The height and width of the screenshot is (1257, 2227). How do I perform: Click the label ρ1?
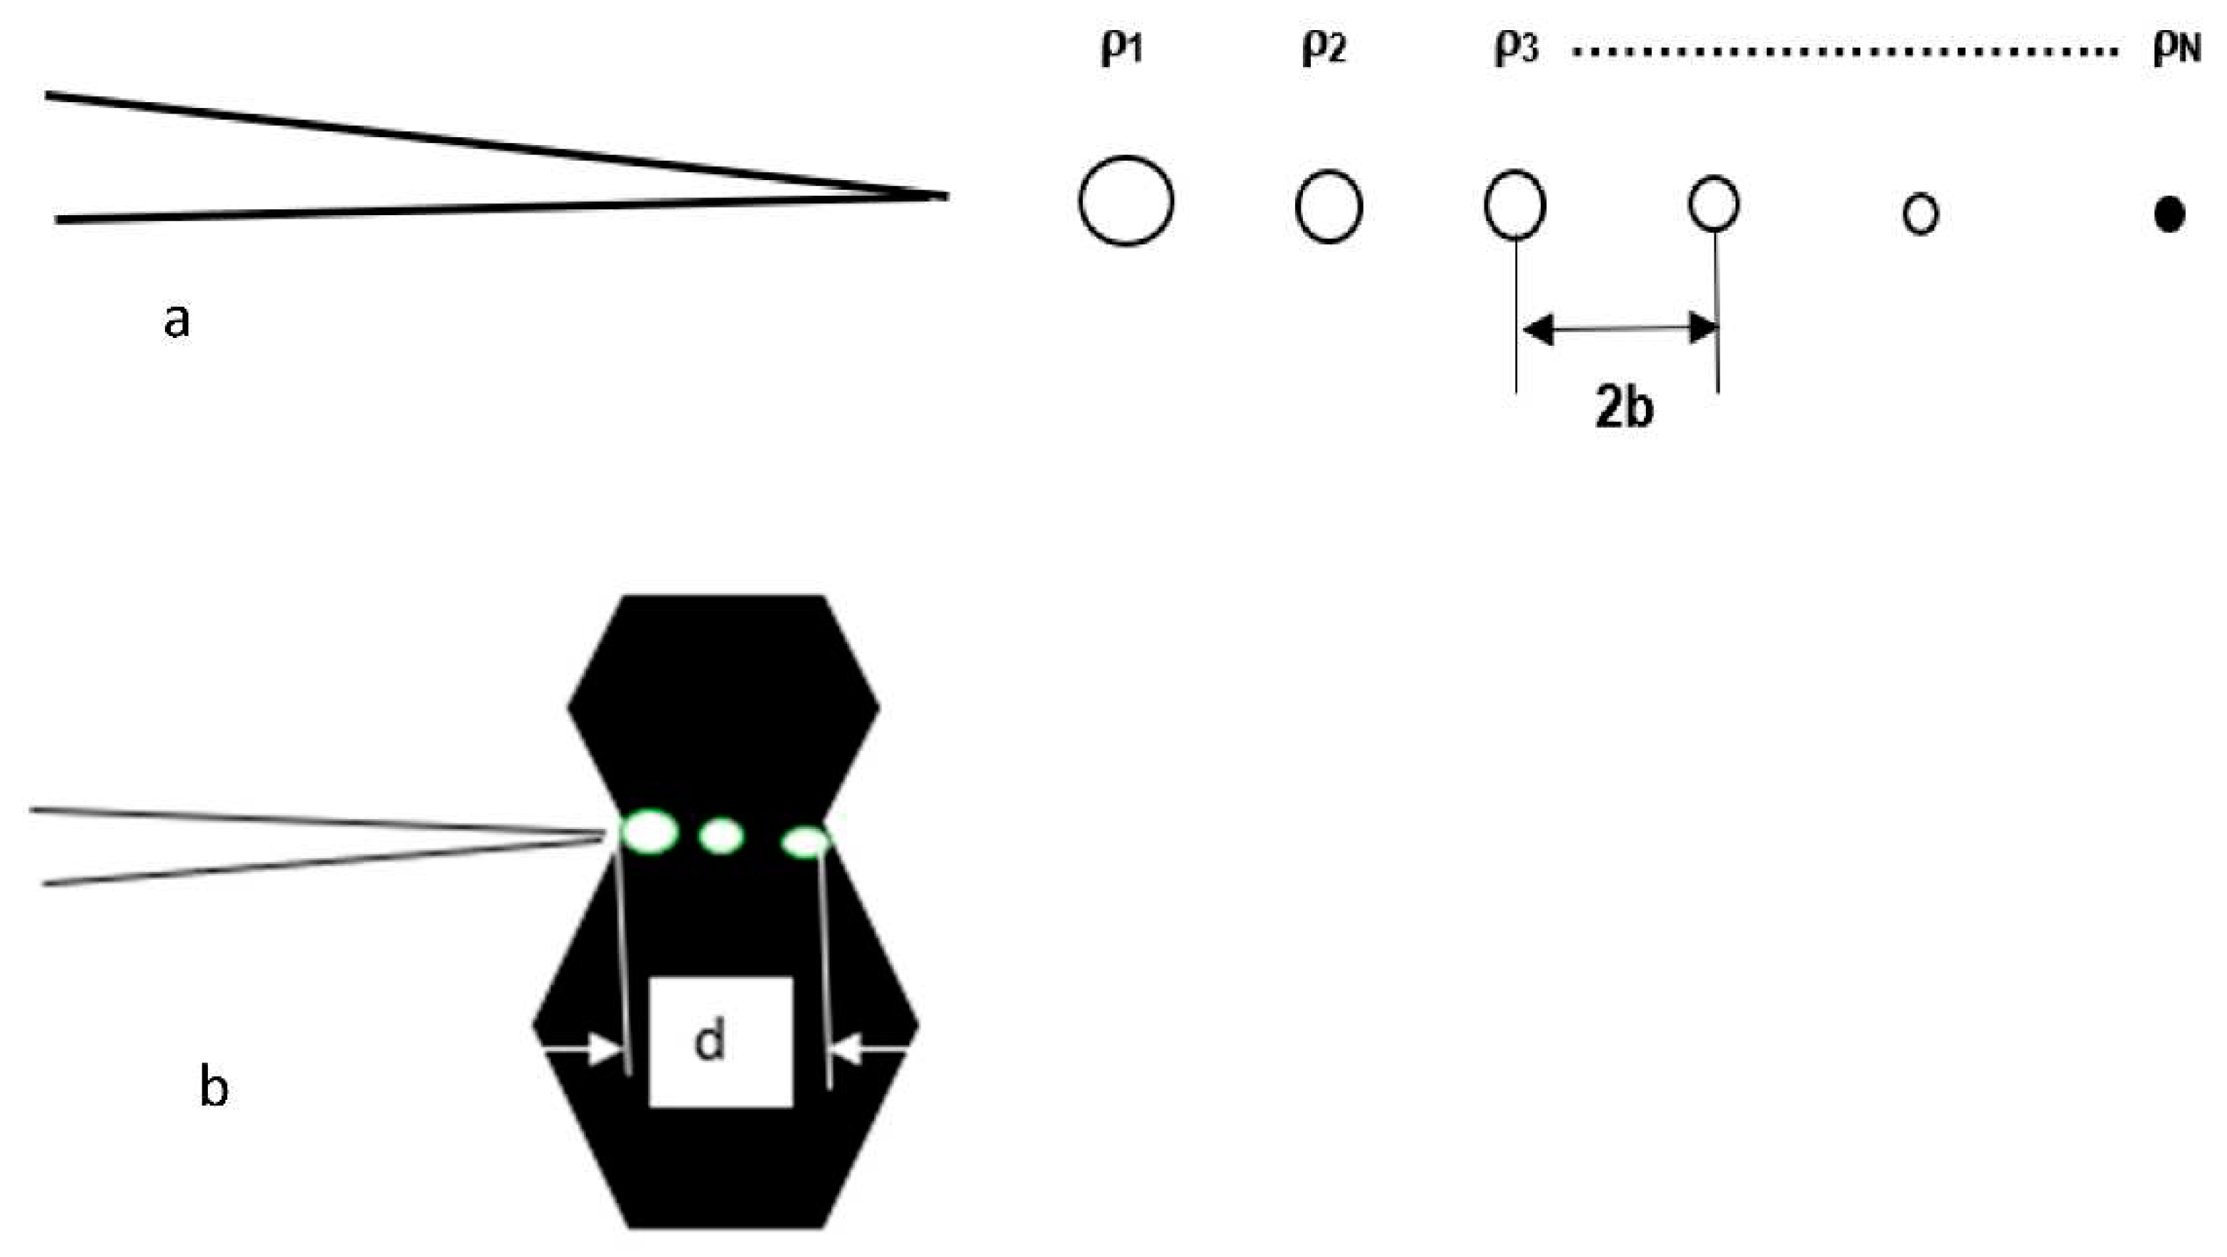pyautogui.click(x=1122, y=49)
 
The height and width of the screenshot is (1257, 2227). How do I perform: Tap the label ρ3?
pyautogui.click(x=1517, y=49)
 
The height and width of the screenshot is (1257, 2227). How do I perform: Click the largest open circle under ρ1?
pyautogui.click(x=1126, y=201)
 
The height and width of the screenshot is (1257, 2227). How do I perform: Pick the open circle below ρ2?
pyautogui.click(x=1329, y=207)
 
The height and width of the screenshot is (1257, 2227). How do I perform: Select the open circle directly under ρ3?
pyautogui.click(x=1514, y=205)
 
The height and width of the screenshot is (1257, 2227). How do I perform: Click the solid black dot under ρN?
pyautogui.click(x=2170, y=214)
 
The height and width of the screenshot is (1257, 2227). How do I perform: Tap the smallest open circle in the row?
pyautogui.click(x=1921, y=214)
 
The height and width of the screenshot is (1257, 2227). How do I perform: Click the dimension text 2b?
pyautogui.click(x=1624, y=408)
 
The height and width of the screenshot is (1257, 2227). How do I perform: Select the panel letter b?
pyautogui.click(x=214, y=1087)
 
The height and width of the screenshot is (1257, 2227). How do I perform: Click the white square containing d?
pyautogui.click(x=721, y=1042)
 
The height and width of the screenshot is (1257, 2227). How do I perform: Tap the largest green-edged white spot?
pyautogui.click(x=650, y=832)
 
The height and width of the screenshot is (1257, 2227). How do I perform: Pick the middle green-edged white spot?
pyautogui.click(x=721, y=836)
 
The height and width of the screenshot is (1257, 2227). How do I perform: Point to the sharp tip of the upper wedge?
pyautogui.click(x=946, y=197)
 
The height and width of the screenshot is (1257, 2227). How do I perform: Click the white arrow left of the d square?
pyautogui.click(x=581, y=1050)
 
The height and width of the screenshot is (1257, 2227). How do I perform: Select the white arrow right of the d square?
pyautogui.click(x=869, y=1050)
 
